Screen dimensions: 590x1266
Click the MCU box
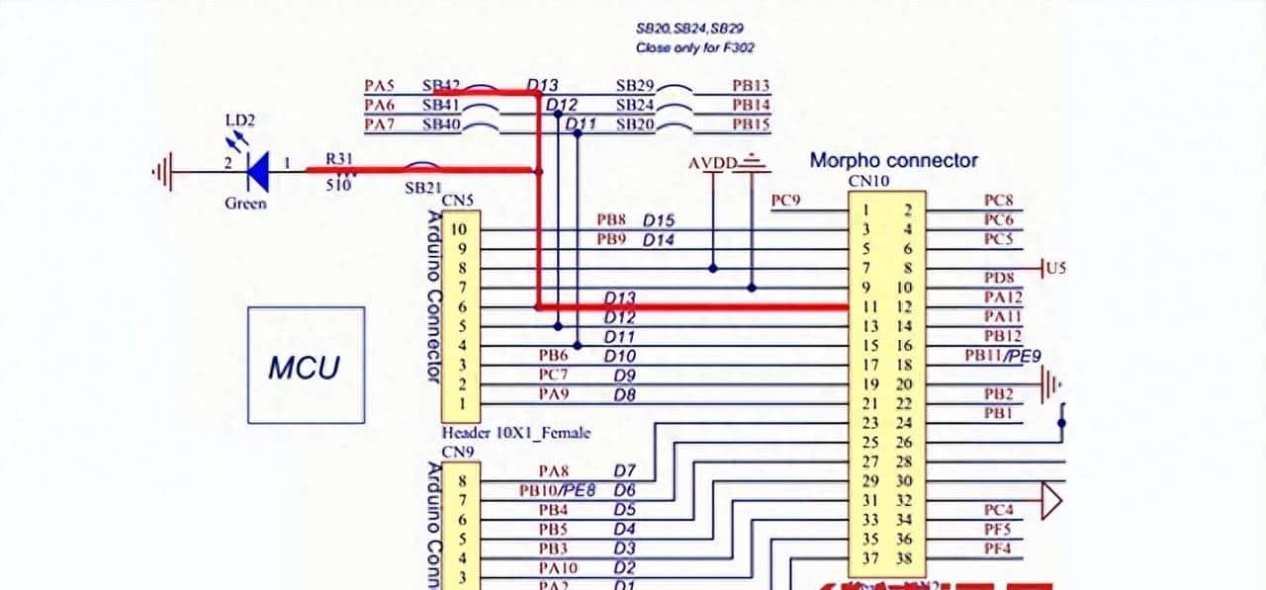pos(306,366)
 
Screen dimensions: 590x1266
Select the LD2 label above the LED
pos(239,121)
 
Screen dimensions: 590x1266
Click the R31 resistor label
pos(339,158)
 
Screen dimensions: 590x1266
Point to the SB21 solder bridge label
pos(423,187)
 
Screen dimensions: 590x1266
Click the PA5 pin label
pos(380,86)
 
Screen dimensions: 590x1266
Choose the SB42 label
pos(441,86)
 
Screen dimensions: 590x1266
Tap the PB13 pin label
pos(751,86)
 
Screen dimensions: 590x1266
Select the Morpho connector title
pos(893,160)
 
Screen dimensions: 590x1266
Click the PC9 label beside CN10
pos(785,202)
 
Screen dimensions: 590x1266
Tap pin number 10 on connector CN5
pos(460,229)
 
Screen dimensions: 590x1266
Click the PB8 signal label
pos(610,220)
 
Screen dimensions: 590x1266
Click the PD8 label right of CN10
pos(998,279)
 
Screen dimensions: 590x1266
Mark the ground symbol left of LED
pos(162,172)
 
